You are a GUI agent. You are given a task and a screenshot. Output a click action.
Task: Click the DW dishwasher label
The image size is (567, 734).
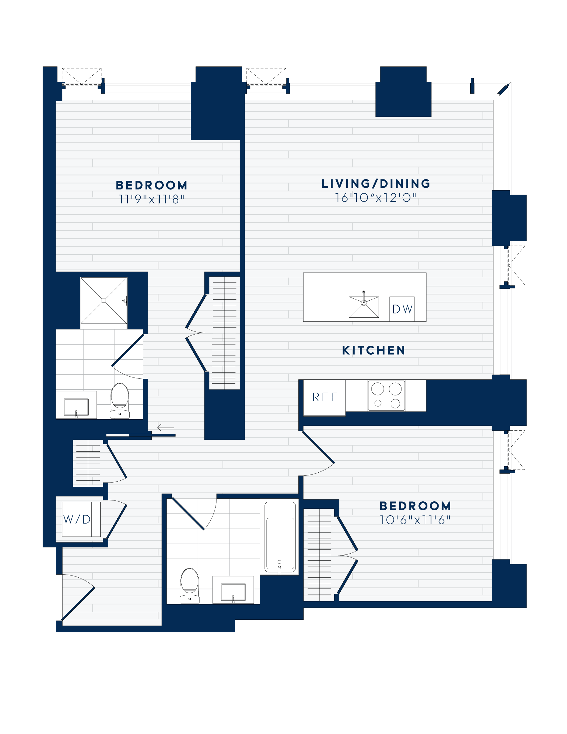402,309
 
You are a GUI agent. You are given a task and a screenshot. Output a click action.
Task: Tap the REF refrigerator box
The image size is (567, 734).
325,397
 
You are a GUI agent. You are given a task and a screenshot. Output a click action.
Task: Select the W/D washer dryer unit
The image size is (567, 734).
77,519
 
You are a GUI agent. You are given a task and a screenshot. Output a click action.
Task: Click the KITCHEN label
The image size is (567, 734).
373,350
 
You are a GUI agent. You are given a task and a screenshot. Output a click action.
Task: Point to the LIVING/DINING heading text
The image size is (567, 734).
376,183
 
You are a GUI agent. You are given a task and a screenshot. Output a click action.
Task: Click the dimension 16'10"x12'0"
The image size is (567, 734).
376,198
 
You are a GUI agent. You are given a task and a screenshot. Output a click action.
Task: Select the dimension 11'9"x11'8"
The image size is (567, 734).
151,200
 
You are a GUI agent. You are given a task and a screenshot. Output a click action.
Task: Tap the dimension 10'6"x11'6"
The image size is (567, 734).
415,520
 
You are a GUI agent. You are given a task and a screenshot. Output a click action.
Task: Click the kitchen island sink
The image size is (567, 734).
364,306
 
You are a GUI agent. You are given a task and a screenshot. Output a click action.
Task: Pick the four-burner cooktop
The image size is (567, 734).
386,395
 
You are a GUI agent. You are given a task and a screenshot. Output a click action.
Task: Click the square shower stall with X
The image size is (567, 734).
104,301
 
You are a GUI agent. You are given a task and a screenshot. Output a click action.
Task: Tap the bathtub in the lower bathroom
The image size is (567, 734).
280,537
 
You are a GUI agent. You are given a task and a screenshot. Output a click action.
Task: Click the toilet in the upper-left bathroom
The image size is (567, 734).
120,400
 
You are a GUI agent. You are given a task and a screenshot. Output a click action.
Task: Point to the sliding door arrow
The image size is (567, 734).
166,428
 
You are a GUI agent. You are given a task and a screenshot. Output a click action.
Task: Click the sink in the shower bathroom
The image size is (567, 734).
76,407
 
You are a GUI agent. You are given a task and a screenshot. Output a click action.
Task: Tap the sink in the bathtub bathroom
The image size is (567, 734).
233,592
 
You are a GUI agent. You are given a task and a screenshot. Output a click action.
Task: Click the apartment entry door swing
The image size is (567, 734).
77,597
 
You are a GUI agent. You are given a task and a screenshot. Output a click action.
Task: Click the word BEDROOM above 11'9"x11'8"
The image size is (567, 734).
152,185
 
